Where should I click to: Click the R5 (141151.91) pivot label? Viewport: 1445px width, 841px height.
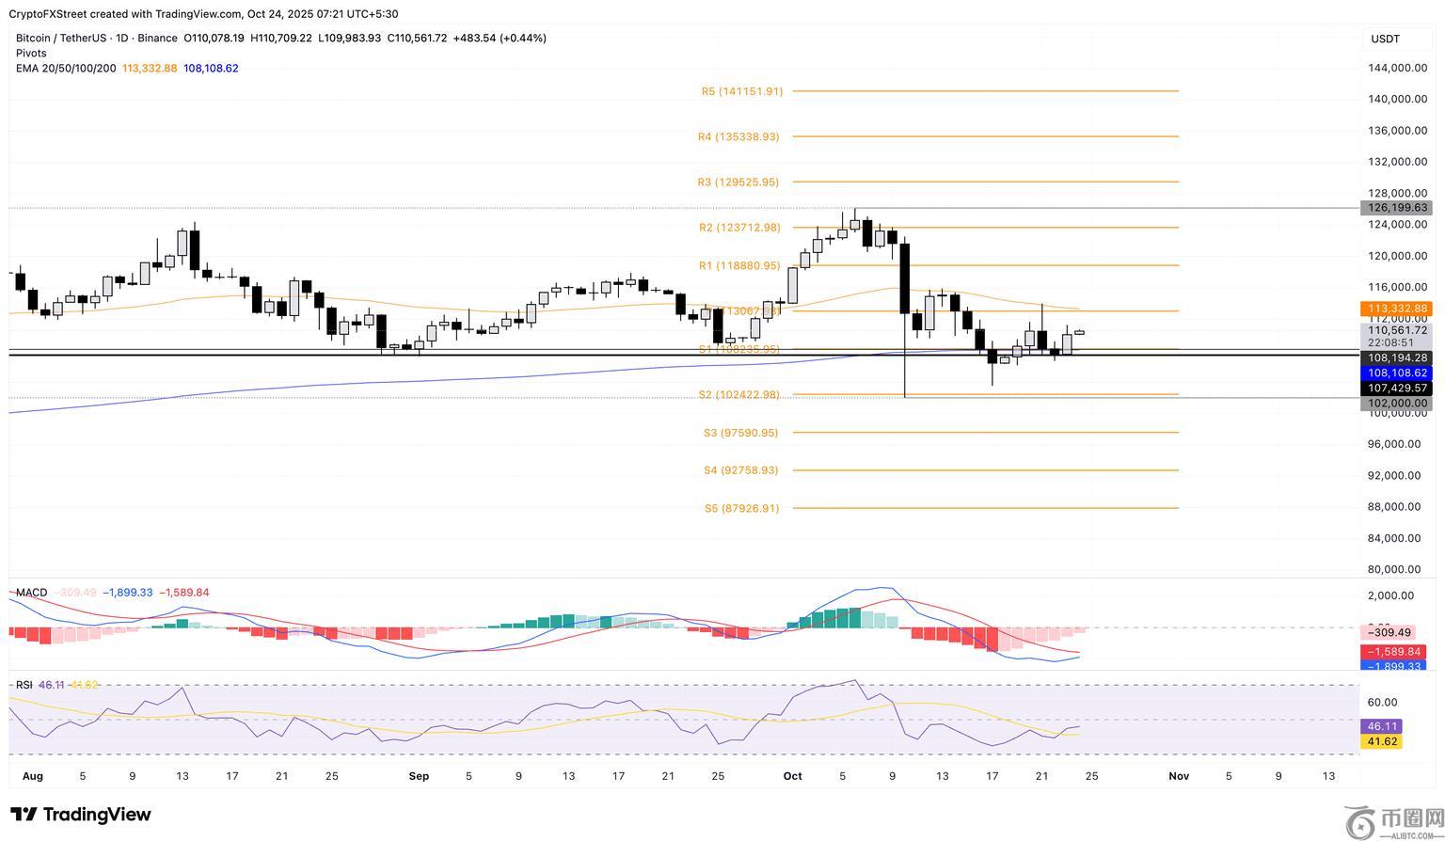coord(741,91)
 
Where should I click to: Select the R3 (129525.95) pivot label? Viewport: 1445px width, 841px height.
coord(738,182)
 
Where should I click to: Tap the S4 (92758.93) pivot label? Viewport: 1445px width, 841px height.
coord(740,470)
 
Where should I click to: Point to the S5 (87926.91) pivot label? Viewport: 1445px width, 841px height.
coord(741,508)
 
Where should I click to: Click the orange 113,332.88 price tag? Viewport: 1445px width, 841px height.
coord(1396,309)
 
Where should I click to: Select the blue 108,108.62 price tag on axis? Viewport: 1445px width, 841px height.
coord(1396,373)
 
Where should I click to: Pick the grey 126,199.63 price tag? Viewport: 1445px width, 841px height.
coord(1396,208)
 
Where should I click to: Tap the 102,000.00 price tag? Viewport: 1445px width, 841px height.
coord(1396,404)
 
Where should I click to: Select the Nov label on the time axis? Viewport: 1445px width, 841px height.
coord(1179,776)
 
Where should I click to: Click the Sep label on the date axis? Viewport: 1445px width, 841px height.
coord(419,776)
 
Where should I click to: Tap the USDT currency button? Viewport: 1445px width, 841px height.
coord(1386,39)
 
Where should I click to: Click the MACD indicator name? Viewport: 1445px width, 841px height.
coord(31,593)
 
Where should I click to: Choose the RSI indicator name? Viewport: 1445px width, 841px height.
coord(24,685)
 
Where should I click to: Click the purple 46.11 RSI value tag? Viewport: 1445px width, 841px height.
coord(1381,726)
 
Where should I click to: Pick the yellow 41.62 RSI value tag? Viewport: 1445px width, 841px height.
coord(1381,741)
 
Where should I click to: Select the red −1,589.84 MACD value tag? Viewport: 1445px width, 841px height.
coord(1396,652)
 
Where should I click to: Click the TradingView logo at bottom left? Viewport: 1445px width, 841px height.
coord(81,814)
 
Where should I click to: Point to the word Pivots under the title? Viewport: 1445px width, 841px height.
coord(31,54)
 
